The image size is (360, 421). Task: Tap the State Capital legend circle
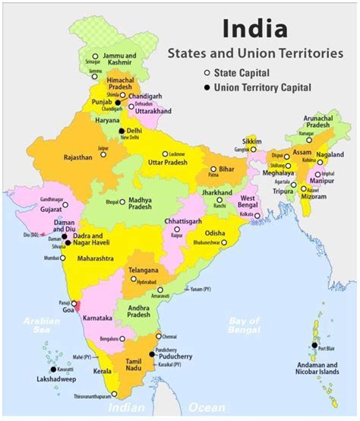[206, 72]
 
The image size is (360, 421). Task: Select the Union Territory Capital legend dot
[206, 87]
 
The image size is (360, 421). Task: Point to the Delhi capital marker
[122, 131]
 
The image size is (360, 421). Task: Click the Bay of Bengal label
[248, 326]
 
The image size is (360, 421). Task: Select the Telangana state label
[144, 270]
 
